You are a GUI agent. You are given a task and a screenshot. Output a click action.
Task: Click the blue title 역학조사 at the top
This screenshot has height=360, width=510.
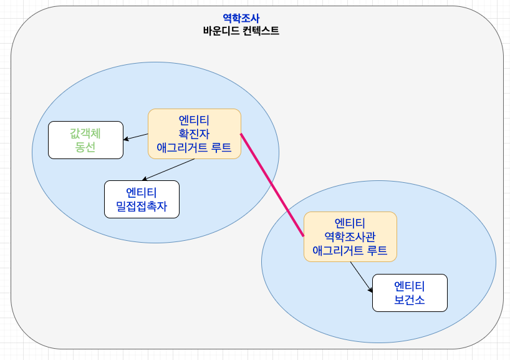pos(241,19)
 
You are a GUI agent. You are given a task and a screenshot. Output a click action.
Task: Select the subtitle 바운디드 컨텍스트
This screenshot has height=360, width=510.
pos(241,31)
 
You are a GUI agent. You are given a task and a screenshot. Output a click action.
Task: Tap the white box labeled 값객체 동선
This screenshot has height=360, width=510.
pos(85,140)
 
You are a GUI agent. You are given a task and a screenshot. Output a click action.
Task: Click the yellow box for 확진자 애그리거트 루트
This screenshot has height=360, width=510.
pos(194,134)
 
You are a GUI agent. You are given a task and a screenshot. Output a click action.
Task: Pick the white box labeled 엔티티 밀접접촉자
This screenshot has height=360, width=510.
pos(142,199)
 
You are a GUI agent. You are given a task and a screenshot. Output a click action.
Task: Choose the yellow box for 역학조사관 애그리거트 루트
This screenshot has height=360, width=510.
pos(350,236)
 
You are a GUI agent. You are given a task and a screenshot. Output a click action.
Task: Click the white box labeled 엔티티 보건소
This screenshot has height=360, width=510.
pos(410,293)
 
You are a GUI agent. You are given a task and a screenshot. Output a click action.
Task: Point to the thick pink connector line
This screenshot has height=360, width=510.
pos(272,185)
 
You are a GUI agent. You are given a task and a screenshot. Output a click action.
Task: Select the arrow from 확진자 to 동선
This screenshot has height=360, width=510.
pos(137,137)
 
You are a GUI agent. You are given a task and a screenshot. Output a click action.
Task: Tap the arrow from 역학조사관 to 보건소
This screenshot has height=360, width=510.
pos(361,277)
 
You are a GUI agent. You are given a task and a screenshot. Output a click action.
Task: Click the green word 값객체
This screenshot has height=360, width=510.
pos(85,133)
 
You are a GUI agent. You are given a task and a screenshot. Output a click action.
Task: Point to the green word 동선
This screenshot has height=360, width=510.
pos(85,147)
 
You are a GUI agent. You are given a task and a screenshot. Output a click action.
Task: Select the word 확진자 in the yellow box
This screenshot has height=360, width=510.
pos(194,134)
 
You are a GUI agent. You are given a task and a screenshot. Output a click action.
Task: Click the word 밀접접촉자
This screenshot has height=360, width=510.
pos(142,207)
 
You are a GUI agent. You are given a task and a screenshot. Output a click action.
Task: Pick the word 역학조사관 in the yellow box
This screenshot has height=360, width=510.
pos(350,236)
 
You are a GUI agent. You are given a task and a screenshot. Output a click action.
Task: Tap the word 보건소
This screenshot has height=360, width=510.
pos(410,300)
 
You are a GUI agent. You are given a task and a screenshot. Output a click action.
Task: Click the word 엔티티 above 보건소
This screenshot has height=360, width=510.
pos(410,286)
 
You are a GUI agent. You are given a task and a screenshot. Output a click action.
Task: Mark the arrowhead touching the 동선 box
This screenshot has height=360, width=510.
pos(126,139)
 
